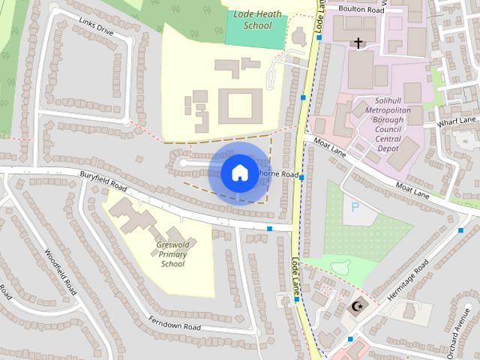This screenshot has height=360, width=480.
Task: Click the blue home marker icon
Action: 238,173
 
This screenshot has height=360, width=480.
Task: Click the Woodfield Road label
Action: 60,271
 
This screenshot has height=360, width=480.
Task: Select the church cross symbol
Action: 358,43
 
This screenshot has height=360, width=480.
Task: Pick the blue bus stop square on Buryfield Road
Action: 269,228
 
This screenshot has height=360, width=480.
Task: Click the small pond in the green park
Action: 344,265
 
